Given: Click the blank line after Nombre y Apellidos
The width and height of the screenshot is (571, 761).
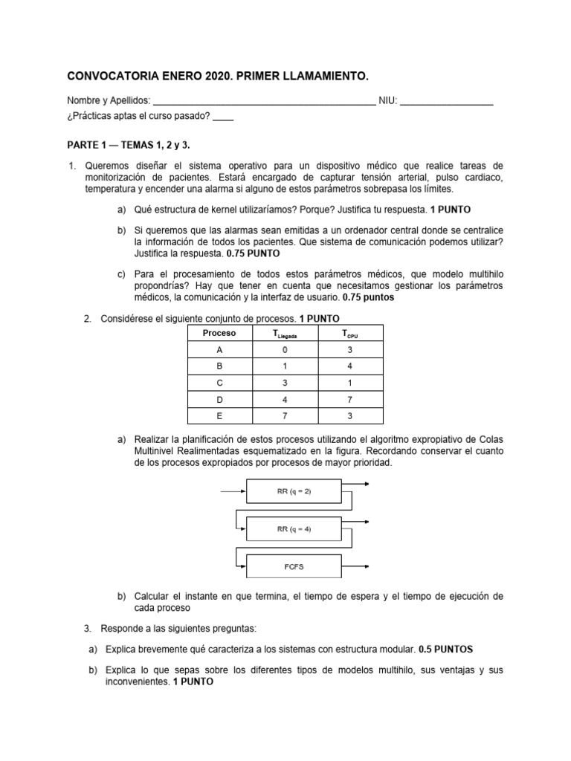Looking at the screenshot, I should pyautogui.click(x=264, y=102).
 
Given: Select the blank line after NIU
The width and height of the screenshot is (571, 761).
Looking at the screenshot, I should pyautogui.click(x=447, y=102).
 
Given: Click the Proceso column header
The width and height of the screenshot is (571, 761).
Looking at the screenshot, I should pyautogui.click(x=219, y=334).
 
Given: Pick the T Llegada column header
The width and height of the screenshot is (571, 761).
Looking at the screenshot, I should pyautogui.click(x=285, y=334).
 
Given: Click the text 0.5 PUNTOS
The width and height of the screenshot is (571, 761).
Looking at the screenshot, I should pyautogui.click(x=445, y=648).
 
